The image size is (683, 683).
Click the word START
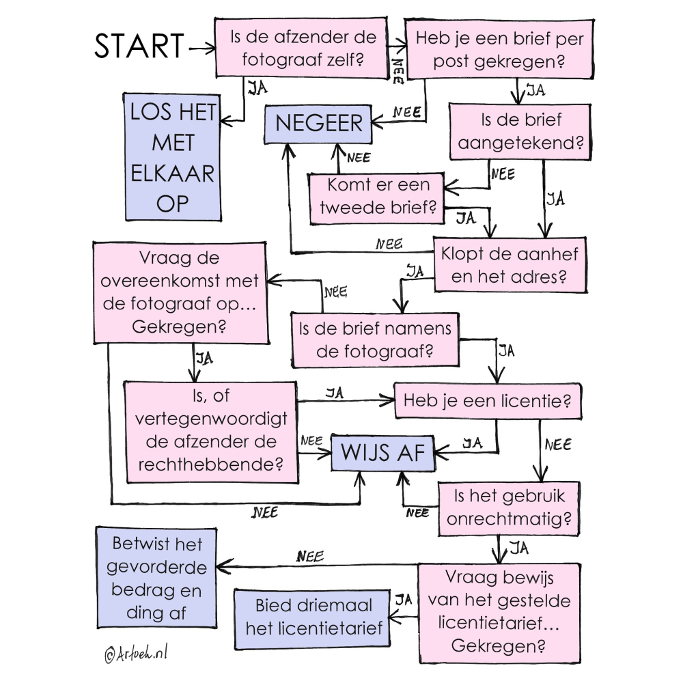pyautogui.click(x=139, y=46)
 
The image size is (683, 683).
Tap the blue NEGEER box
pyautogui.click(x=319, y=124)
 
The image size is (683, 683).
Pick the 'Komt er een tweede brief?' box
pyautogui.click(x=378, y=197)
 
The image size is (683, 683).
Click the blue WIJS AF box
pyautogui.click(x=383, y=452)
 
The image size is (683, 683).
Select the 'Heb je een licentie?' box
pyautogui.click(x=488, y=400)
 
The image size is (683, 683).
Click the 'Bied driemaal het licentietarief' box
pyautogui.click(x=313, y=617)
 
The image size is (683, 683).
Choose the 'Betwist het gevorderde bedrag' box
pyautogui.click(x=156, y=578)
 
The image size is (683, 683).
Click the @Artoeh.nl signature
pyautogui.click(x=136, y=654)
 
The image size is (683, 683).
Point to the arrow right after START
pyautogui.click(x=200, y=48)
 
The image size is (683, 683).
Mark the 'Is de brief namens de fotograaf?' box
pyautogui.click(x=375, y=339)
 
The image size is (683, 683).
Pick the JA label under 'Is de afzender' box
pyautogui.click(x=257, y=88)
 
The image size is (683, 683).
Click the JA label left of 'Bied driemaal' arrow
pyautogui.click(x=403, y=600)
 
